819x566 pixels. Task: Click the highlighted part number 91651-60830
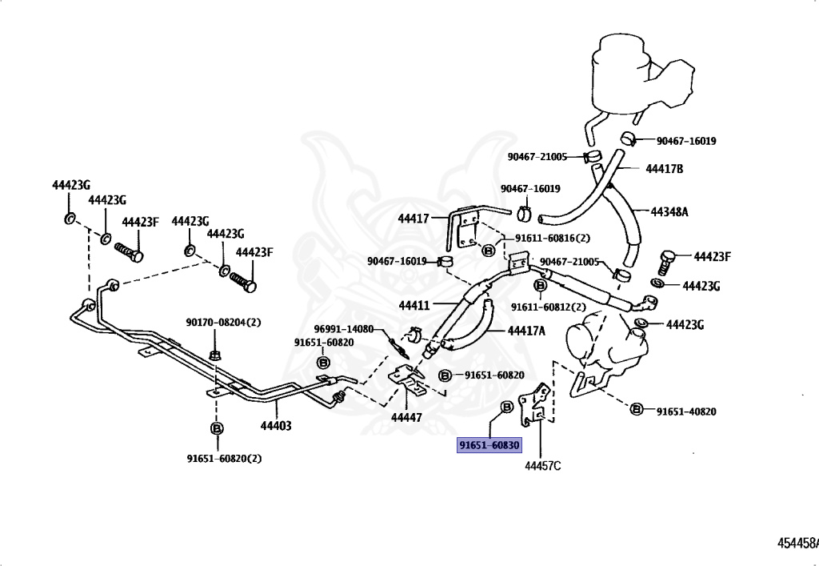[489, 445]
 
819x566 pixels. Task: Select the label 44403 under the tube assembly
[276, 426]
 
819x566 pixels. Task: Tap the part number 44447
[406, 418]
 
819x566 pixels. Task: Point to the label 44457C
[543, 466]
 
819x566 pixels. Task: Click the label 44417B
[665, 169]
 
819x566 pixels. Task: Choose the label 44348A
[669, 211]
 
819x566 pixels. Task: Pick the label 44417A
[526, 331]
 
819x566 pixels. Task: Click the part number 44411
[414, 305]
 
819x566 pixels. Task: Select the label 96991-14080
[344, 329]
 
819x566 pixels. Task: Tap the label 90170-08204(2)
[224, 323]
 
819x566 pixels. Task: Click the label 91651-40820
[686, 411]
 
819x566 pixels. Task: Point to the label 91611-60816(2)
[553, 238]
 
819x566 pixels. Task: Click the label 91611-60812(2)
[549, 307]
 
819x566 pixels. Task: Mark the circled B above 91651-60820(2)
[217, 428]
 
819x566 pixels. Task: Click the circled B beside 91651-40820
[637, 409]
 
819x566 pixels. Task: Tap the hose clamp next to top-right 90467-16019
[628, 138]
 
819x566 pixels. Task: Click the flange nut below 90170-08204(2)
[214, 355]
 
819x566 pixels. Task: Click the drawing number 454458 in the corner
[798, 543]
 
